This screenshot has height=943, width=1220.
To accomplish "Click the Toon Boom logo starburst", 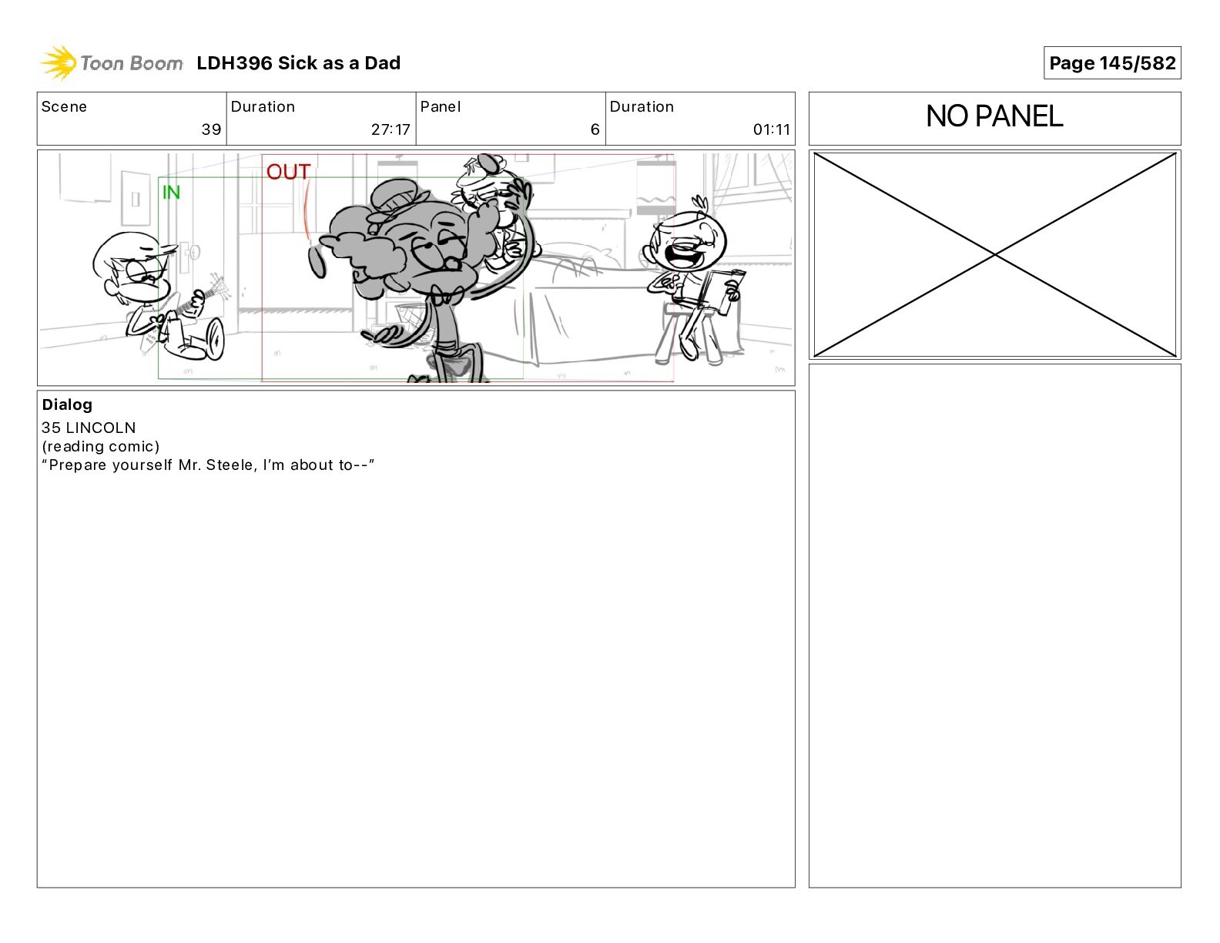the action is pos(59,62).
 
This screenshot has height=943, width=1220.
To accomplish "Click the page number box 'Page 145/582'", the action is pos(1111,63).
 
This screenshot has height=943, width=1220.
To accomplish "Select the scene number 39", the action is pos(211,129).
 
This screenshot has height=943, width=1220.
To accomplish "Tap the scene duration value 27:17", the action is pos(390,129).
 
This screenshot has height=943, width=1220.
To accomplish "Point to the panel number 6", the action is pos(595,129).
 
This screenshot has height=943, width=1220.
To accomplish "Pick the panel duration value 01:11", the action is pos(772,129).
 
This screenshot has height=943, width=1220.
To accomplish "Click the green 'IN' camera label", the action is pos(171,193).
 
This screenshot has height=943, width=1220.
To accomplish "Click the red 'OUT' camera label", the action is pos(288,172).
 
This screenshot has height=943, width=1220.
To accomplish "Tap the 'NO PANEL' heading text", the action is pos(994,116).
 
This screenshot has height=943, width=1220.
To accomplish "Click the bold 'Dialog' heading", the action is pos(67,404).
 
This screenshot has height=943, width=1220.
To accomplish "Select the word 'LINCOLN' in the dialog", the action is pos(100,428).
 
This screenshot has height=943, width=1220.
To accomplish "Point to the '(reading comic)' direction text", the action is pos(100,447).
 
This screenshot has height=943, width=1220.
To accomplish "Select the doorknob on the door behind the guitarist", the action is pos(193,252).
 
